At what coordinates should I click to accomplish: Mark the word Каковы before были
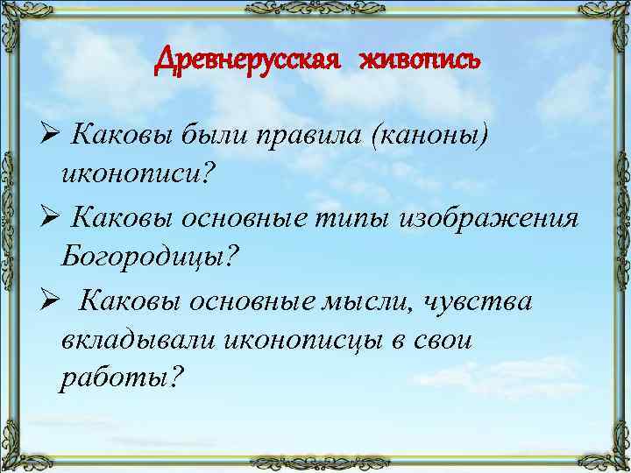pyautogui.click(x=122, y=134)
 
